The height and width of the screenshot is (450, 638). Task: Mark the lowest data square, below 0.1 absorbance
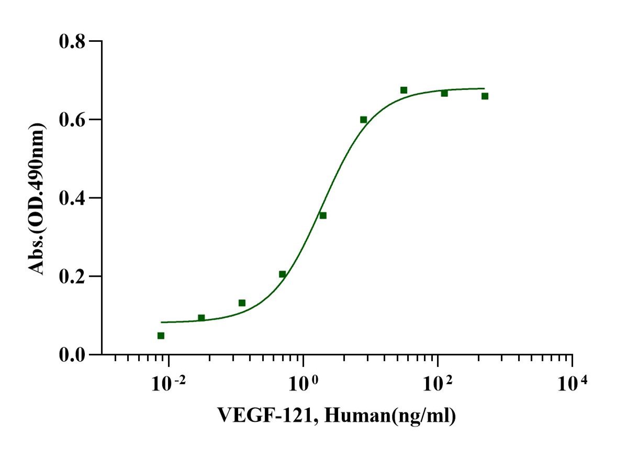tap(161, 335)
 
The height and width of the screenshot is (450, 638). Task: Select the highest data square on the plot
tap(404, 90)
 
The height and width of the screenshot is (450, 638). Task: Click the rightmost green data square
tap(485, 96)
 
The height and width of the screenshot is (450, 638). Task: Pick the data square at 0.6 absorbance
tap(363, 119)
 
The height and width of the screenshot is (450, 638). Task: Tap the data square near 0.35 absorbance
tap(323, 216)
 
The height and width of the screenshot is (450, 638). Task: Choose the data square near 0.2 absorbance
tap(282, 274)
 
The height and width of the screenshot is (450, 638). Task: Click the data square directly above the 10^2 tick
tap(444, 93)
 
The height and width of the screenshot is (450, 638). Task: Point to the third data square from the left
tap(242, 303)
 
